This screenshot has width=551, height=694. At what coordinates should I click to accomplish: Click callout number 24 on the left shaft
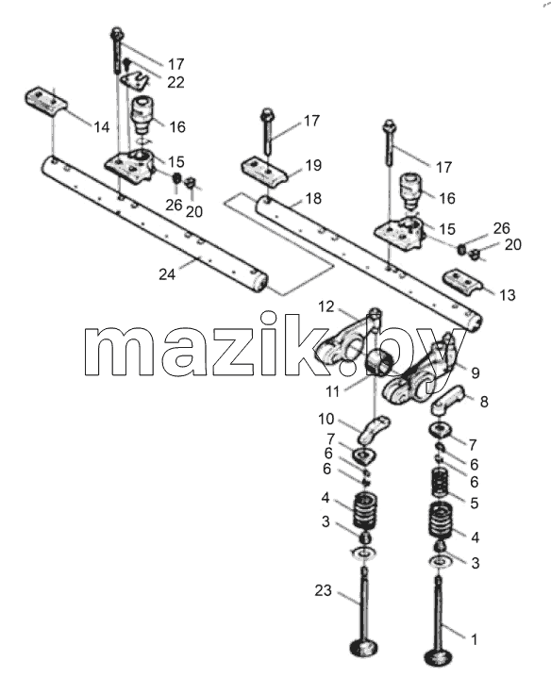(x=167, y=274)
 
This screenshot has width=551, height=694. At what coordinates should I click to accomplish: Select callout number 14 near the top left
(x=102, y=127)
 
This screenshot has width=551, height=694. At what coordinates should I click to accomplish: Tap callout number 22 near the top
(x=175, y=82)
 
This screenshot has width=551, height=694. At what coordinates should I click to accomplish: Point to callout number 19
(x=313, y=166)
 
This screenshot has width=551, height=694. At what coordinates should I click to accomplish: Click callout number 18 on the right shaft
(x=313, y=199)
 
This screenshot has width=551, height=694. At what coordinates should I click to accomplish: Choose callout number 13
(x=508, y=295)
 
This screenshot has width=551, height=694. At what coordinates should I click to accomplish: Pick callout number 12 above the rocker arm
(x=326, y=306)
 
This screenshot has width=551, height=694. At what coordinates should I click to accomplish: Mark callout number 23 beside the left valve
(x=323, y=590)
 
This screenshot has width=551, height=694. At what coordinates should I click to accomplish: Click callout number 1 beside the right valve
(x=474, y=639)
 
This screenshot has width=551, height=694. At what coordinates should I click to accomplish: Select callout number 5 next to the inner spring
(x=475, y=504)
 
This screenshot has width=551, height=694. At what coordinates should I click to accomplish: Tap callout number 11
(x=332, y=391)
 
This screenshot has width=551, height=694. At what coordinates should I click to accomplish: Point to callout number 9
(x=476, y=372)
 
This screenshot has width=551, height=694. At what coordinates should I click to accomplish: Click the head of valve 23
(x=364, y=649)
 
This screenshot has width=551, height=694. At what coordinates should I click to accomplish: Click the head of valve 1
(x=438, y=657)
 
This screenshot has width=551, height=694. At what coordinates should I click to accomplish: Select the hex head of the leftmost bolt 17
(x=117, y=34)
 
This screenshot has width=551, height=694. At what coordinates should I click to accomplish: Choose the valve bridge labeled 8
(x=447, y=400)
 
